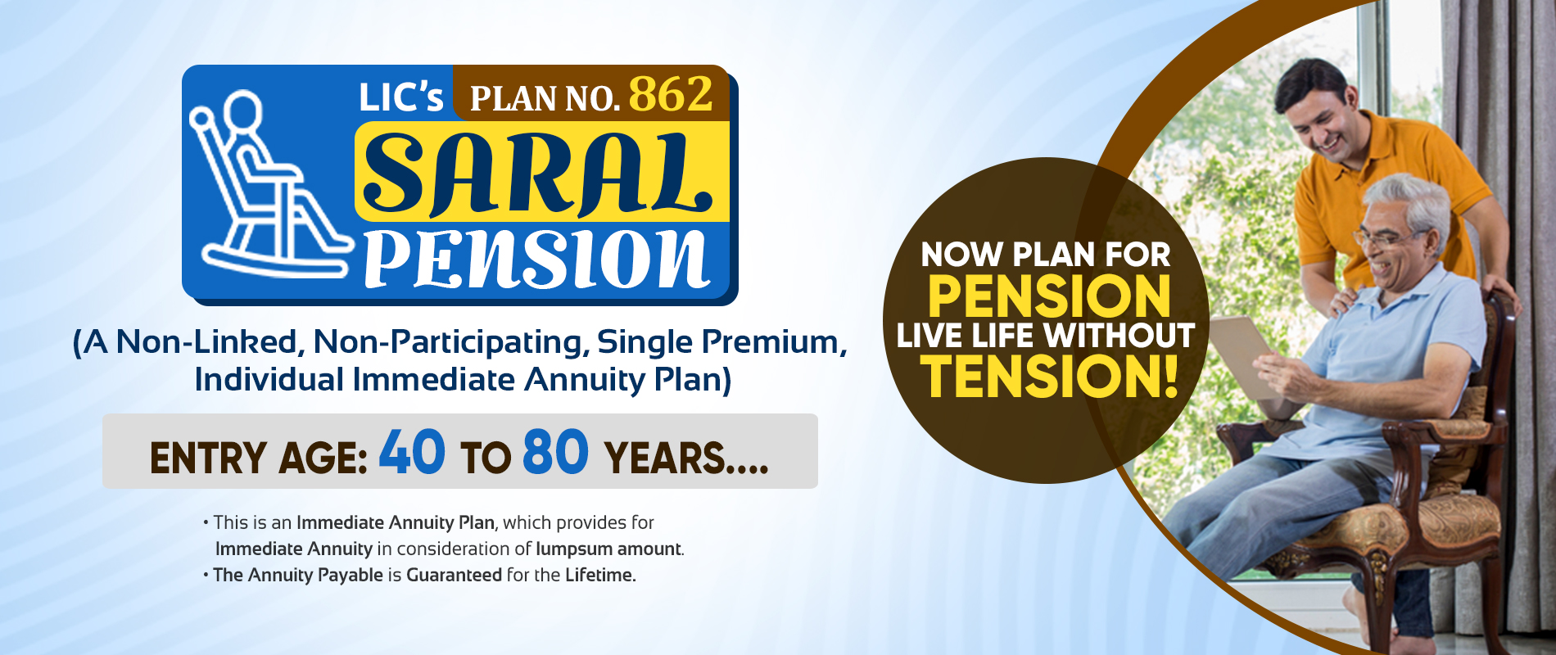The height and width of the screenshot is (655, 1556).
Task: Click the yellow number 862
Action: click(x=671, y=95)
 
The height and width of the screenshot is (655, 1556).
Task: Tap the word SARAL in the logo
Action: click(x=537, y=174)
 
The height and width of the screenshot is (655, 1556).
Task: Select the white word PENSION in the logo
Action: click(x=536, y=258)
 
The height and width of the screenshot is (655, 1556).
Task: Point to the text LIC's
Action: click(x=400, y=98)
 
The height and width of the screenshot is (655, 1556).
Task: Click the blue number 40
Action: click(x=412, y=452)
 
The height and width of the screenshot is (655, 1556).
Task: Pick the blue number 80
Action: click(x=555, y=452)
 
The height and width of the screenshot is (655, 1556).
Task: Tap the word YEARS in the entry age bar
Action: click(x=664, y=458)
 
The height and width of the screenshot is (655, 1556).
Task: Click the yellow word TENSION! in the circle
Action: click(x=1050, y=376)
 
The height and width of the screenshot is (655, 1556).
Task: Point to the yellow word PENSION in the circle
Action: click(x=1049, y=296)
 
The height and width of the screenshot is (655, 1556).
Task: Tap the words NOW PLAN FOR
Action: click(x=1046, y=255)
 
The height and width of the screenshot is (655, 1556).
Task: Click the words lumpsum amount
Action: click(x=608, y=549)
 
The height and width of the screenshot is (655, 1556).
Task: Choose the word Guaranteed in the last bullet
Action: click(x=454, y=575)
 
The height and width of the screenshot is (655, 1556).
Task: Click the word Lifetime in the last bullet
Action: click(x=599, y=575)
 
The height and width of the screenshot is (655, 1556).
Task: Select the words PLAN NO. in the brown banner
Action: click(x=545, y=99)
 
